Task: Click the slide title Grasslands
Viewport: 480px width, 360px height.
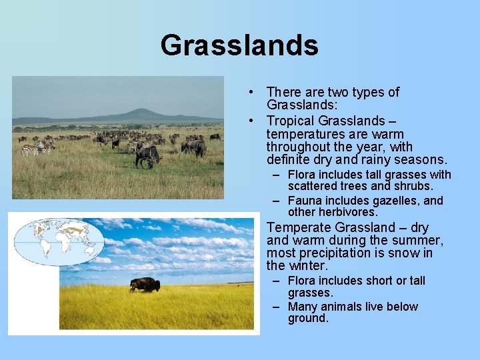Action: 239,45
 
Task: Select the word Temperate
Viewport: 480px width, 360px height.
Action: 297,227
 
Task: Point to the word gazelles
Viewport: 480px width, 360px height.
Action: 396,201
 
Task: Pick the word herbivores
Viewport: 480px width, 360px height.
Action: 347,212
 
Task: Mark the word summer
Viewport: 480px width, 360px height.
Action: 419,240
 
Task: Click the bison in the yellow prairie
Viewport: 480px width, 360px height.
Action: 145,285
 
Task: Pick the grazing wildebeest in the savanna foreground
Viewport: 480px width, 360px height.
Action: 148,156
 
